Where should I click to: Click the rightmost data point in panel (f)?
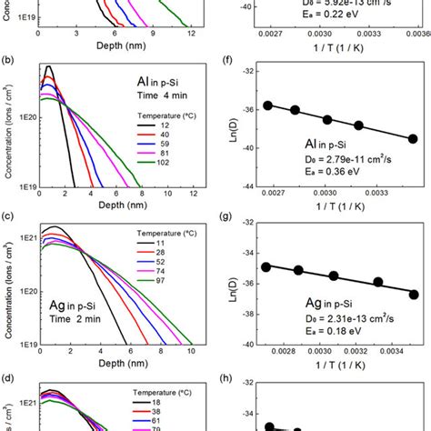point(413,139)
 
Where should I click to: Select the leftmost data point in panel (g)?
point(266,266)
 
